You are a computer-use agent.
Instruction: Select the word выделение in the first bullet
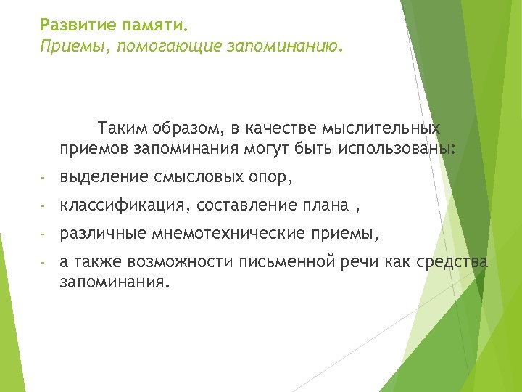(x=104, y=176)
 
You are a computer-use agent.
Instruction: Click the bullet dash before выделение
(x=43, y=177)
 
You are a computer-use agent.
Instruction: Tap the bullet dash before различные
(x=43, y=235)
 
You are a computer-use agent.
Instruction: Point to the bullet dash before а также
(x=43, y=264)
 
